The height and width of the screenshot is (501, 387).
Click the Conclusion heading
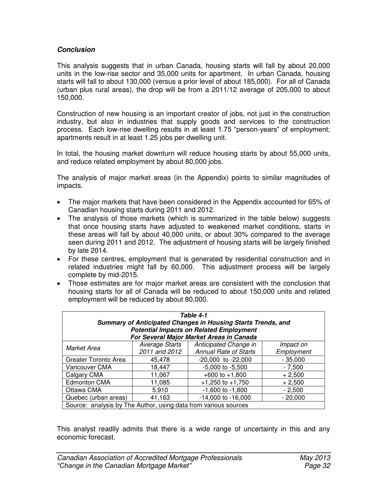76,50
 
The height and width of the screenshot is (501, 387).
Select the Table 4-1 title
193,315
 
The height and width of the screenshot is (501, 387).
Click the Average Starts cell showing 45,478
160,360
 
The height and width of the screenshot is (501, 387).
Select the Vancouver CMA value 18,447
160,367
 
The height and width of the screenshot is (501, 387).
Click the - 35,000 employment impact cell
293,360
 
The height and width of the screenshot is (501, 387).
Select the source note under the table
157,405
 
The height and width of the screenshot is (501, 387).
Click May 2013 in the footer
315,458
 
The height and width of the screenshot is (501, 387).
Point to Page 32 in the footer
317,466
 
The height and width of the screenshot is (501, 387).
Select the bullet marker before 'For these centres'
60,259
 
